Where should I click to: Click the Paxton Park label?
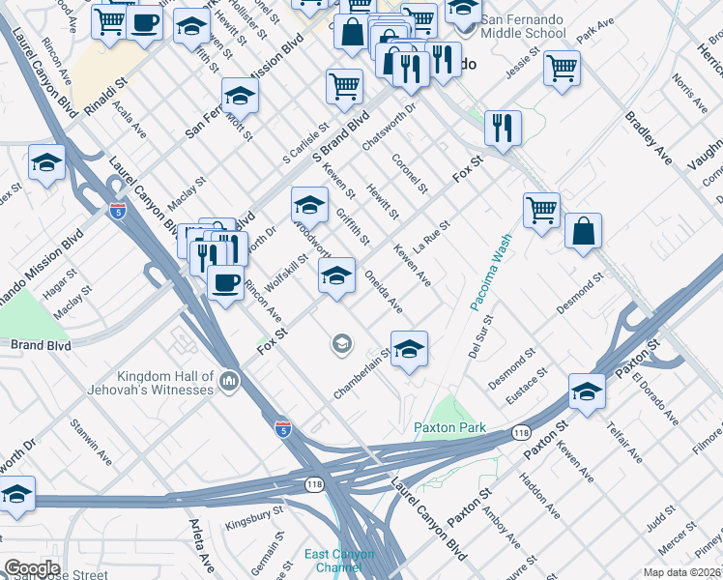448,427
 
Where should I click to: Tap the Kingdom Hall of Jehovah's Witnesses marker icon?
229,382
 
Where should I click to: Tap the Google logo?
31,568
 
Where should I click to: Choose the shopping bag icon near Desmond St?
583,232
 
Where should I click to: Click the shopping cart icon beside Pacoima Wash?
541,209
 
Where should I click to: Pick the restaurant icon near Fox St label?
503,127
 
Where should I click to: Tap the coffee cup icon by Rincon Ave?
225,282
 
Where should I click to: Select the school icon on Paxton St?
587,390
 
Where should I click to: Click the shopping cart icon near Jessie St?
562,68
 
